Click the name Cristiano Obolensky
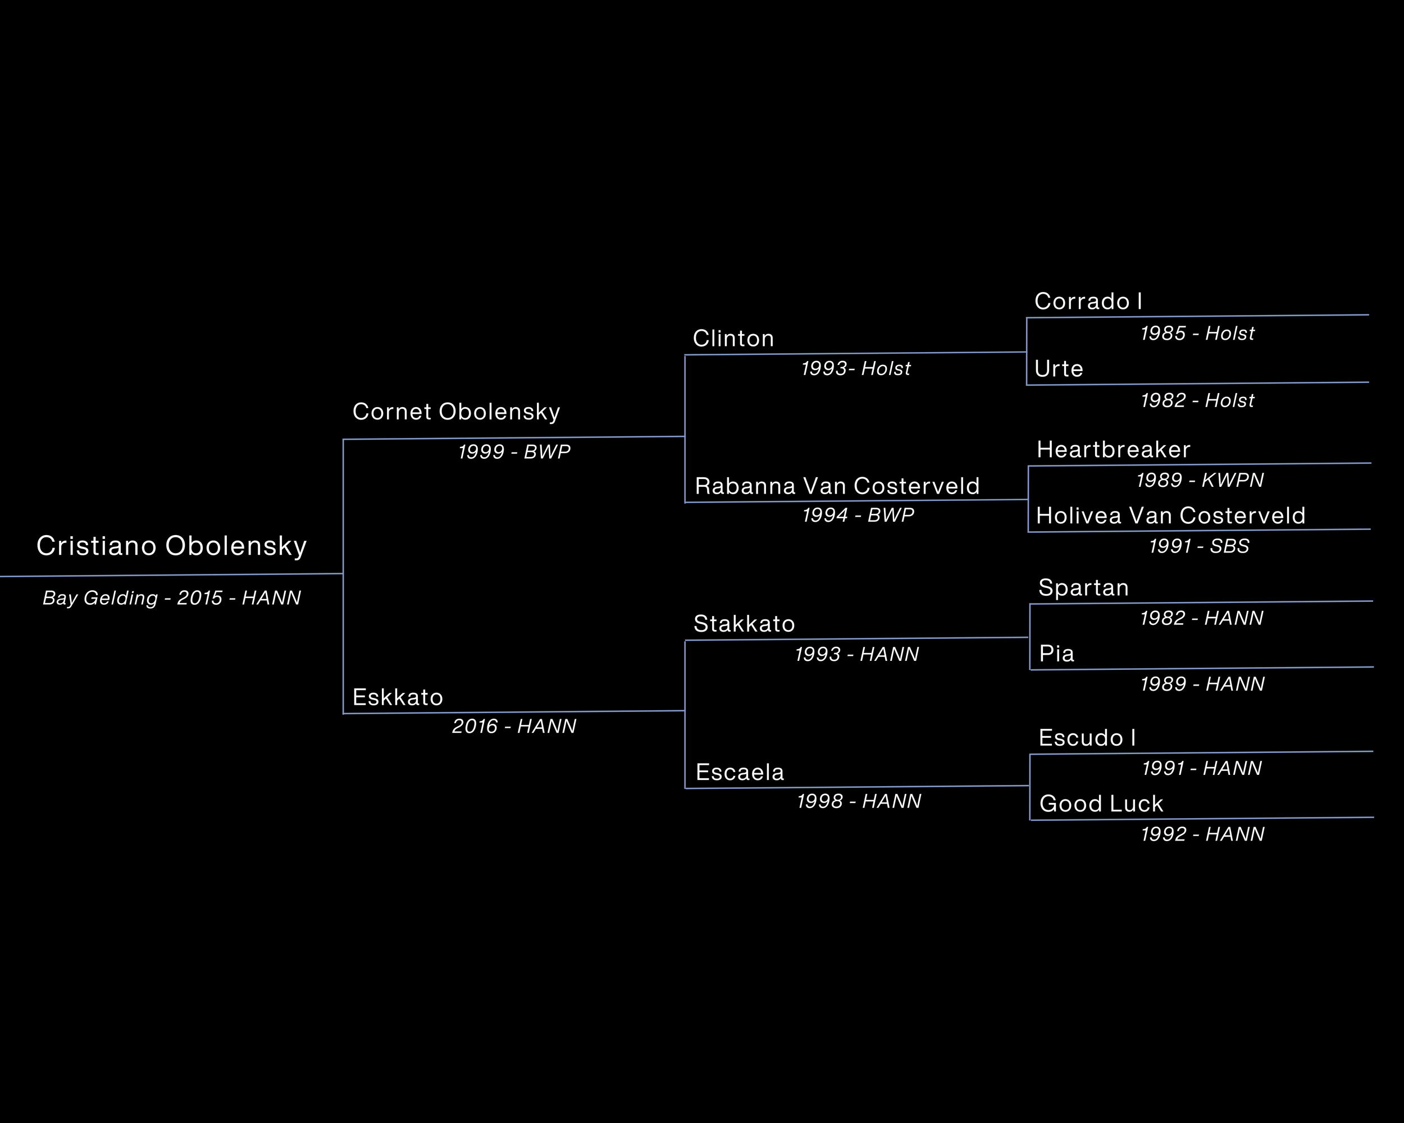[x=171, y=546]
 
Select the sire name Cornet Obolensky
[x=456, y=412]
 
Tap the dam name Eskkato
[x=397, y=698]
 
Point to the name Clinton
[x=733, y=339]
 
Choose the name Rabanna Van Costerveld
[x=837, y=486]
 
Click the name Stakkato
[x=744, y=624]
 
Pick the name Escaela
[x=740, y=773]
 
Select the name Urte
[x=1059, y=369]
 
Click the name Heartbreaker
[x=1114, y=450]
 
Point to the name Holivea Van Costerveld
[x=1171, y=516]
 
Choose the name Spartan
[x=1083, y=588]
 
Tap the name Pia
[x=1057, y=654]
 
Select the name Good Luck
[x=1101, y=804]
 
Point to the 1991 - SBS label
[x=1199, y=546]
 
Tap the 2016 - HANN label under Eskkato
[x=514, y=727]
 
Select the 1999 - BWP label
[x=514, y=452]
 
